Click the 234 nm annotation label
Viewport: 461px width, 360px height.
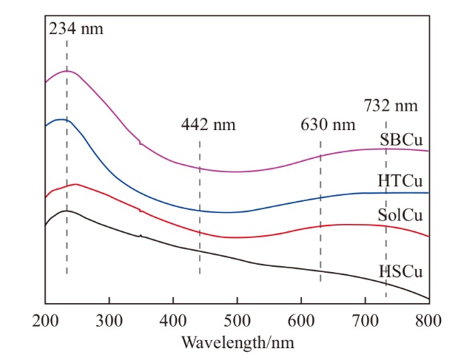(x=76, y=30)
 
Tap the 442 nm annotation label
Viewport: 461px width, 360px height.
(x=209, y=124)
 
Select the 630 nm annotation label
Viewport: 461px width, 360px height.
(x=328, y=124)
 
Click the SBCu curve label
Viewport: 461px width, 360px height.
(x=403, y=140)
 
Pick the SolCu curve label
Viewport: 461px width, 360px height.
(x=402, y=216)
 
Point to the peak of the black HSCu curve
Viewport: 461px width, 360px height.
(x=67, y=211)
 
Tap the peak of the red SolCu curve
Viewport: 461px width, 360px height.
(x=75, y=184)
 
